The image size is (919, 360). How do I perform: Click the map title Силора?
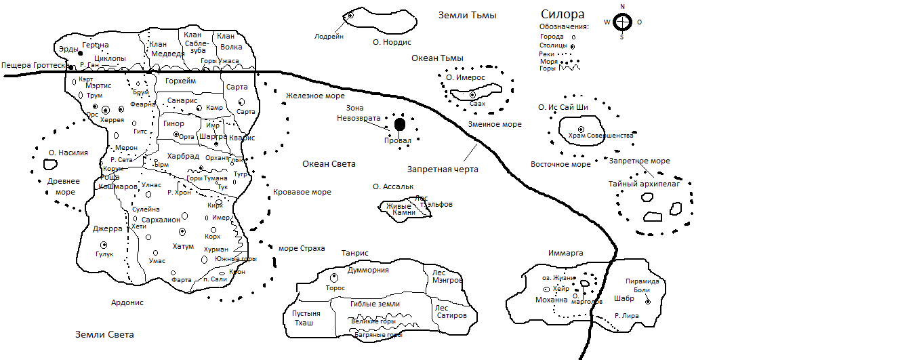point(563,15)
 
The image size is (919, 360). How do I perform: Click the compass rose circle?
point(622,22)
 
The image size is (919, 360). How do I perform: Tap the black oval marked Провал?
point(400,124)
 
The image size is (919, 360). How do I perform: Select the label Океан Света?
point(329,164)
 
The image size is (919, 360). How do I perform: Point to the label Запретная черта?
point(443,169)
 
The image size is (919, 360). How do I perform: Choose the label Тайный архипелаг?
point(644,183)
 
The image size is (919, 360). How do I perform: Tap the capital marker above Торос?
point(333,277)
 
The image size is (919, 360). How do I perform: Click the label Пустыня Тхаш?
point(302,318)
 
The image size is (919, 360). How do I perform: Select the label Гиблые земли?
point(375,304)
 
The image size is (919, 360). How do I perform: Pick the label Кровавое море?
point(302,193)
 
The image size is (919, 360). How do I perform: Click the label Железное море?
point(315,96)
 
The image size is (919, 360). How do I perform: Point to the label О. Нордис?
point(392,42)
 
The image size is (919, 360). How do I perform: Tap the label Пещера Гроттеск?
point(33,65)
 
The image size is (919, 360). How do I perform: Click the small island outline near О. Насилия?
point(49,164)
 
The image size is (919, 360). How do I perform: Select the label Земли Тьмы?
point(467,15)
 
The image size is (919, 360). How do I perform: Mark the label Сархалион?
point(161,220)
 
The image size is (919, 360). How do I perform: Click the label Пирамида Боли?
point(642,285)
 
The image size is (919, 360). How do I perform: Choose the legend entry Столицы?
point(553,45)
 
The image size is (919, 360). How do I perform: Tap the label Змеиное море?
point(495,125)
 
